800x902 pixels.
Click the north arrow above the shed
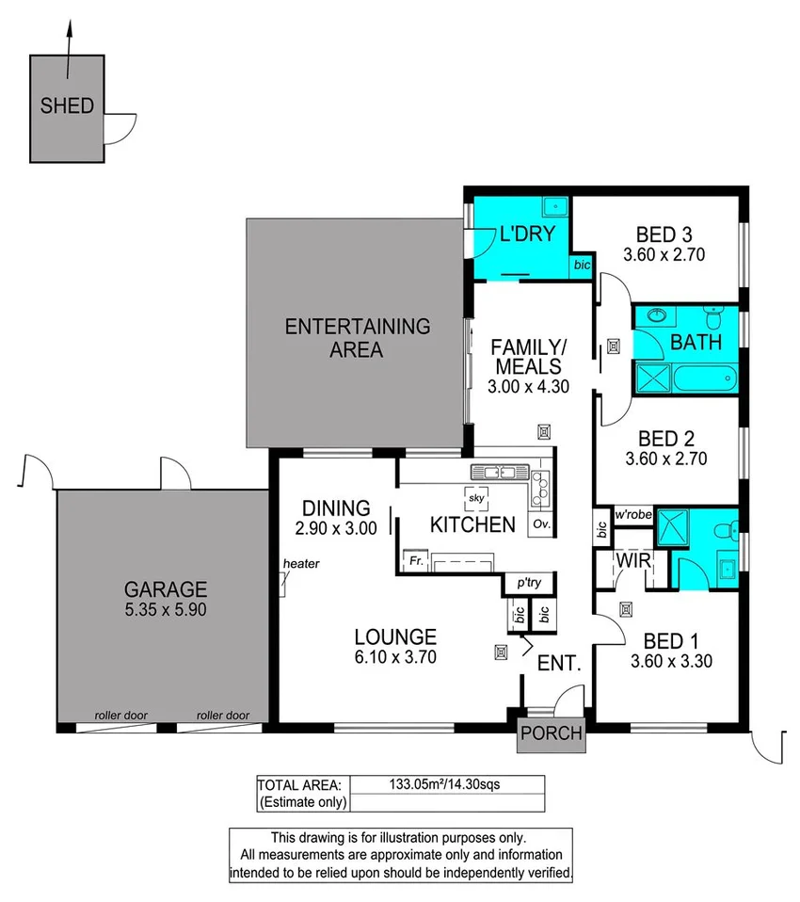coord(68,47)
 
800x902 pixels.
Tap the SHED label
coord(67,106)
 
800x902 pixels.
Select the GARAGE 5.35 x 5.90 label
coord(165,599)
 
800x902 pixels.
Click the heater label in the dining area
coord(301,564)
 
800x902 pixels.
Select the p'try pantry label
coord(529,583)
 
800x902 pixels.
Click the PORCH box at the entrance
coord(552,733)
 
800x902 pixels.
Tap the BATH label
coord(696,343)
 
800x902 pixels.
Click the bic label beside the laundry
coord(581,267)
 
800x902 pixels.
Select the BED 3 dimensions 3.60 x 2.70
coord(664,254)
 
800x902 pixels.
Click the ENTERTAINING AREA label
coord(357,338)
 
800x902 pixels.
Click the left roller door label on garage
coord(120,716)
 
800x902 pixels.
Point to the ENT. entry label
coord(559,663)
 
